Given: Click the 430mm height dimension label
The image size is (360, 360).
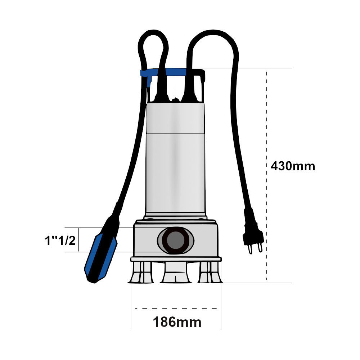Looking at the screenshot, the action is click(293, 166).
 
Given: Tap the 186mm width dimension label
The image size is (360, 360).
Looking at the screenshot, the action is click(177, 322).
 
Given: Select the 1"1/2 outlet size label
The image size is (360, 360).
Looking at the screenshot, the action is click(60, 240).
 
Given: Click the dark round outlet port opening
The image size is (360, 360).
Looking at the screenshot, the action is click(175, 240).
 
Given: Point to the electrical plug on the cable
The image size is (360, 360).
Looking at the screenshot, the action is click(253, 232).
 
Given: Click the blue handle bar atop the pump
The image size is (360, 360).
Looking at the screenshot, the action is click(163, 72).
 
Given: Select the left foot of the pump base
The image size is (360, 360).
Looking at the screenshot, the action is click(141, 272).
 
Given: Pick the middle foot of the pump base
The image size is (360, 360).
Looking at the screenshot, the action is click(176, 273).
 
